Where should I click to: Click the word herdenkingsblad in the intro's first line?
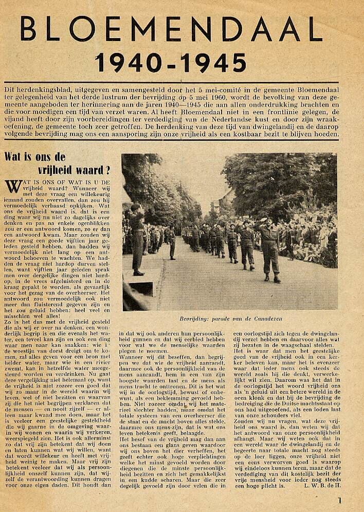point(44,87)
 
